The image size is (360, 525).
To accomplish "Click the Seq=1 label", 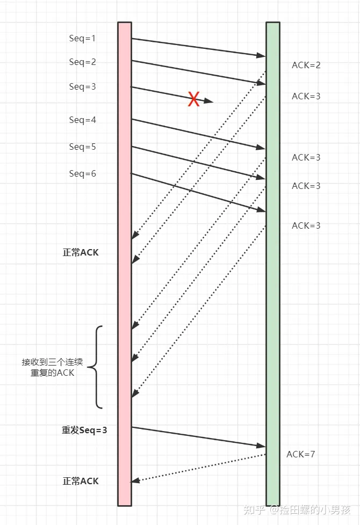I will pyautogui.click(x=82, y=38).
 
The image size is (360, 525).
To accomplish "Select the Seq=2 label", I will pyautogui.click(x=82, y=62).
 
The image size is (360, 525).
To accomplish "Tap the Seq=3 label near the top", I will pyautogui.click(x=82, y=86).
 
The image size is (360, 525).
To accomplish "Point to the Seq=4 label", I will pyautogui.click(x=82, y=120).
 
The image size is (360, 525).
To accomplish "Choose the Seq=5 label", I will pyautogui.click(x=82, y=147).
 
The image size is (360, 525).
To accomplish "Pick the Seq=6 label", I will pyautogui.click(x=82, y=173).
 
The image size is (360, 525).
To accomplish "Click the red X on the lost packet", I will pyautogui.click(x=193, y=99).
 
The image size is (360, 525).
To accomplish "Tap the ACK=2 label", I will pyautogui.click(x=306, y=65).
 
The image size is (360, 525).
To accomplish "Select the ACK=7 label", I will pyautogui.click(x=300, y=454).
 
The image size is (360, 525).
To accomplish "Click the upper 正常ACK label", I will pyautogui.click(x=81, y=252).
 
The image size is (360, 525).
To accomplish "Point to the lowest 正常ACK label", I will pyautogui.click(x=81, y=481).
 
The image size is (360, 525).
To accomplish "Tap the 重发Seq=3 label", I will pyautogui.click(x=84, y=430).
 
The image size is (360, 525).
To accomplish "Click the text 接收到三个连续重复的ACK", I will pyautogui.click(x=52, y=367).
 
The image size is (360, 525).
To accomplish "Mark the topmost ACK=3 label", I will pyautogui.click(x=306, y=96).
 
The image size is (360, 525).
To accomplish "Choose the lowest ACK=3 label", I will pyautogui.click(x=306, y=225).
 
